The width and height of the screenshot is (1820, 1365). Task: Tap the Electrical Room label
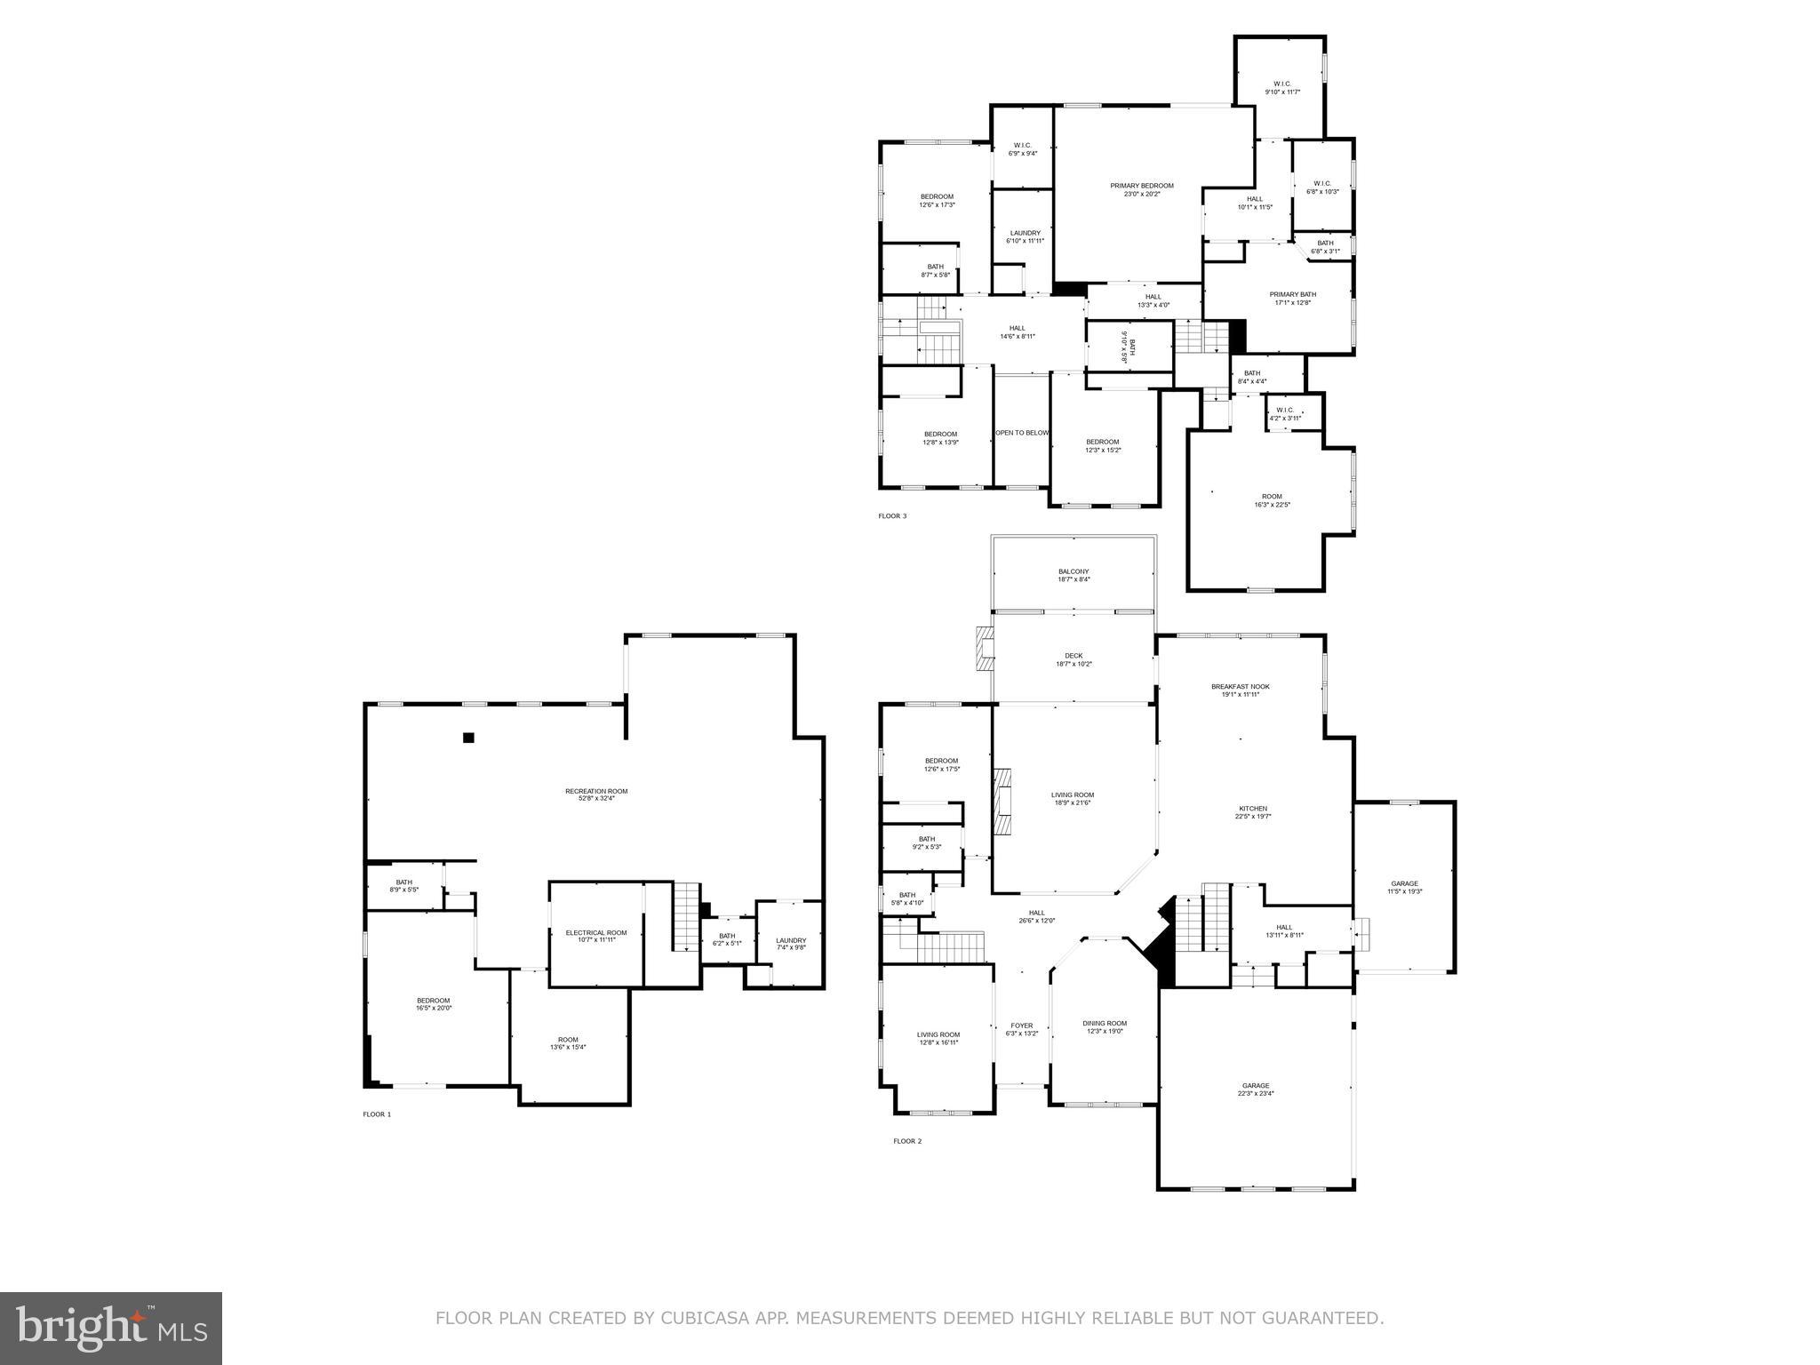(x=596, y=936)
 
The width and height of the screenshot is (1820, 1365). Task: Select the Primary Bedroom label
(x=1141, y=189)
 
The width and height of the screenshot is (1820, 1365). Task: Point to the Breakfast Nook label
(x=1240, y=690)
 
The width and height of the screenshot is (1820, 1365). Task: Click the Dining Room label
(x=1104, y=1027)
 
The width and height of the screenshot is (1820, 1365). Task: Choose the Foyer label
(x=1021, y=1029)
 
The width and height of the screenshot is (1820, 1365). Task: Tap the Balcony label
(x=1074, y=575)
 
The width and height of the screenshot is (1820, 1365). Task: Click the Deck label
(x=1074, y=659)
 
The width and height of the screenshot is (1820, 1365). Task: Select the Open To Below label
(x=1021, y=433)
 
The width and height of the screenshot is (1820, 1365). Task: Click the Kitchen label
(x=1253, y=811)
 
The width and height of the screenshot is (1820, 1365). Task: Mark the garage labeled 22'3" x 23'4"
(x=1255, y=1090)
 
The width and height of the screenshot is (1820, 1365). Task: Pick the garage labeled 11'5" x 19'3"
(x=1404, y=887)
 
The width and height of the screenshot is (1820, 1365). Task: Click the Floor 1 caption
(x=376, y=1114)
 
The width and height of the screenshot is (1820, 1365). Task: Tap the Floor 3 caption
(x=892, y=516)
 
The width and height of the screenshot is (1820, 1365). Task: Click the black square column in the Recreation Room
(x=468, y=737)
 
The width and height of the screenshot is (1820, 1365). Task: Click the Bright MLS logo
(x=111, y=1329)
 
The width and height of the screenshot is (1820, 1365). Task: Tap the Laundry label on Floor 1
(x=790, y=944)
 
